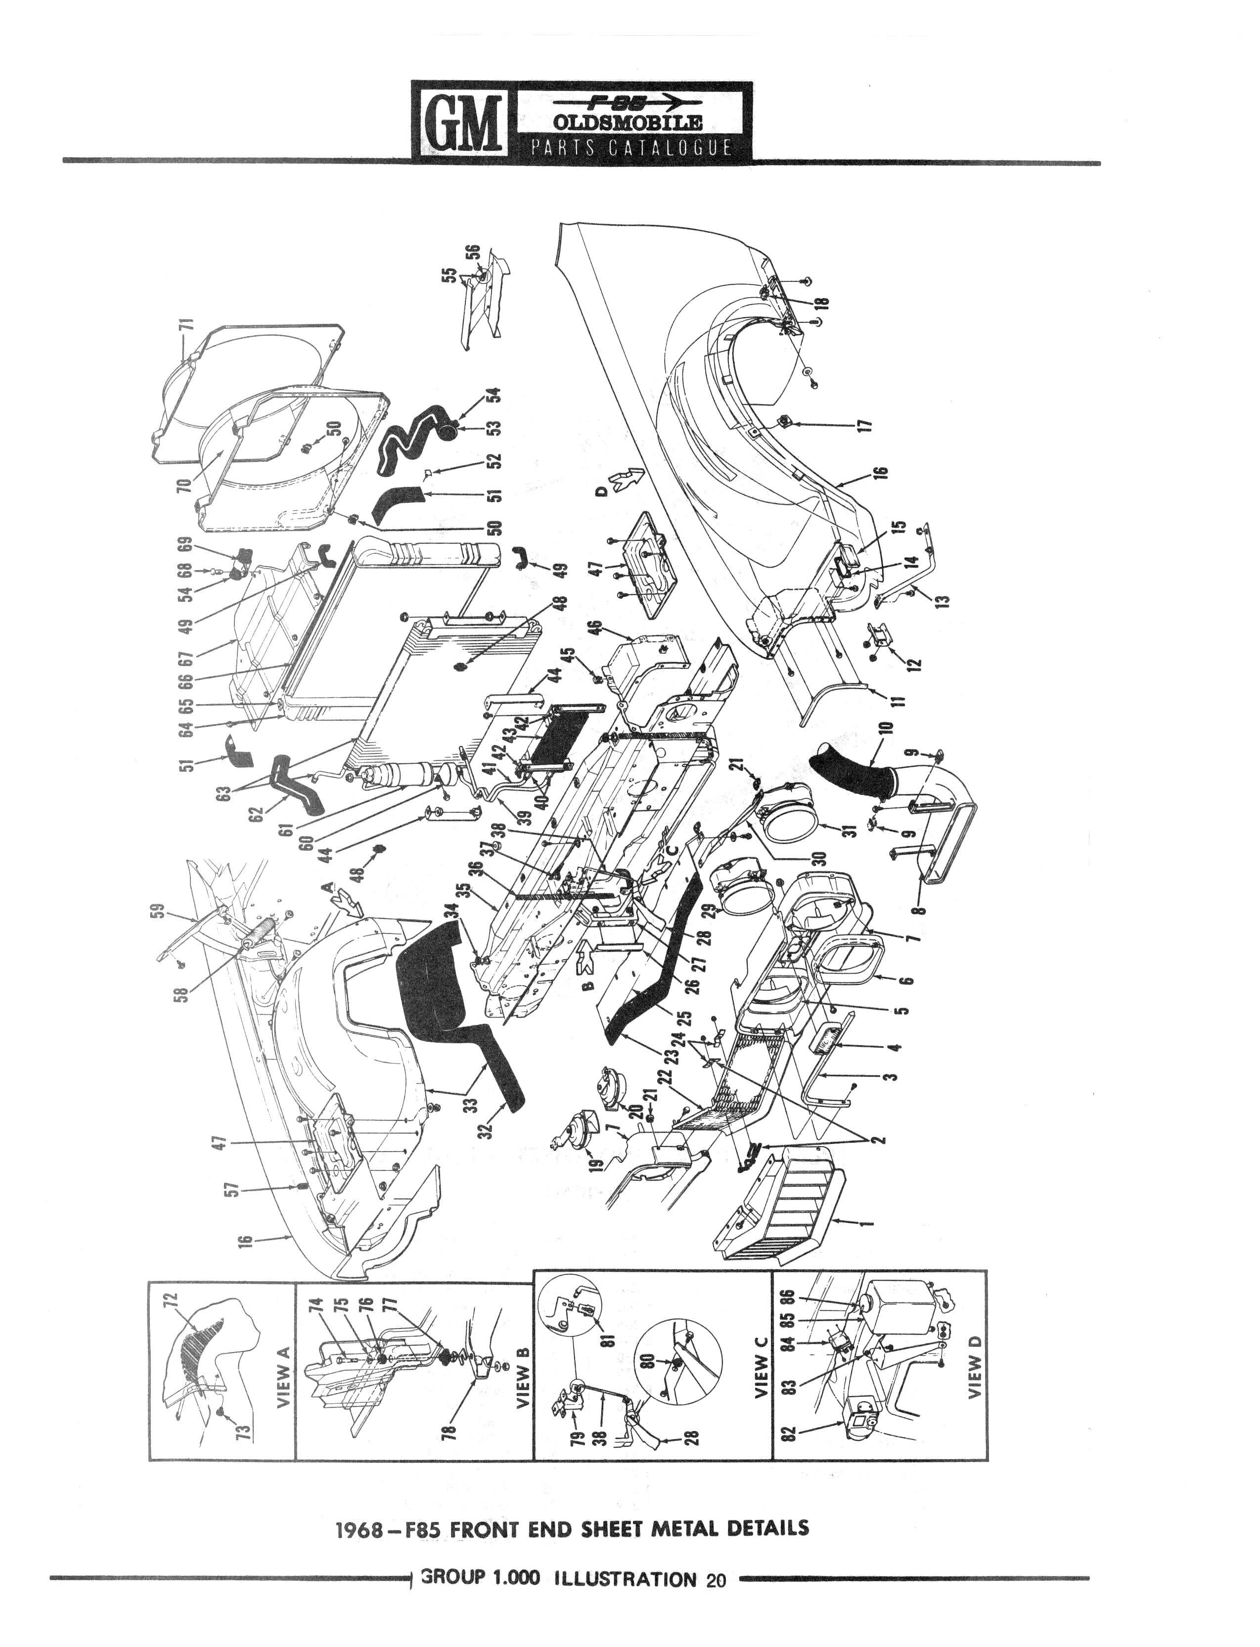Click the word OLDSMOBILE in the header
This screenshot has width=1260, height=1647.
(x=628, y=122)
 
